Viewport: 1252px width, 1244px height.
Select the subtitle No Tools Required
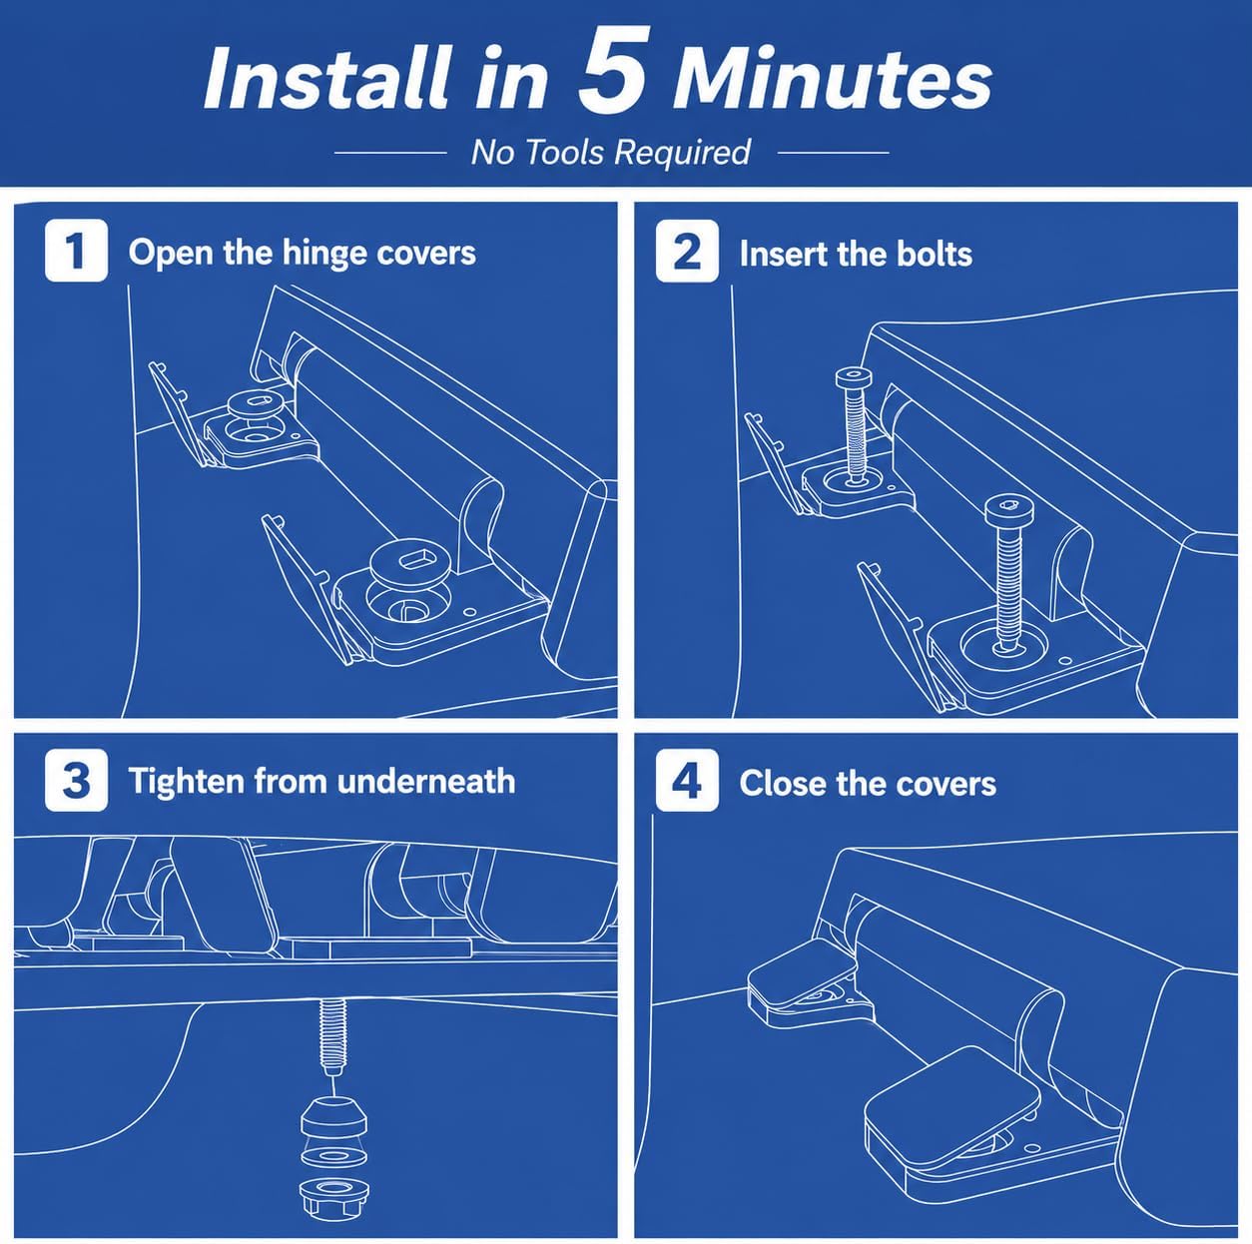(611, 152)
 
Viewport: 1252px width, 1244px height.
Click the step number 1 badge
(76, 251)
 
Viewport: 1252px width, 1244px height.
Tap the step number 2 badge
(687, 251)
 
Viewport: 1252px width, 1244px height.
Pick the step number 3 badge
(76, 780)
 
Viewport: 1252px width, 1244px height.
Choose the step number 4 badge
(687, 780)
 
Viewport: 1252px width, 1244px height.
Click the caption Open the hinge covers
(303, 254)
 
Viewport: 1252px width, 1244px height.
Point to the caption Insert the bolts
(856, 254)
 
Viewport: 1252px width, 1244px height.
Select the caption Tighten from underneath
(321, 781)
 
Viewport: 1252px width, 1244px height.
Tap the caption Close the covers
(868, 783)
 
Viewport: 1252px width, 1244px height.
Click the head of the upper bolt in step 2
(854, 377)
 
